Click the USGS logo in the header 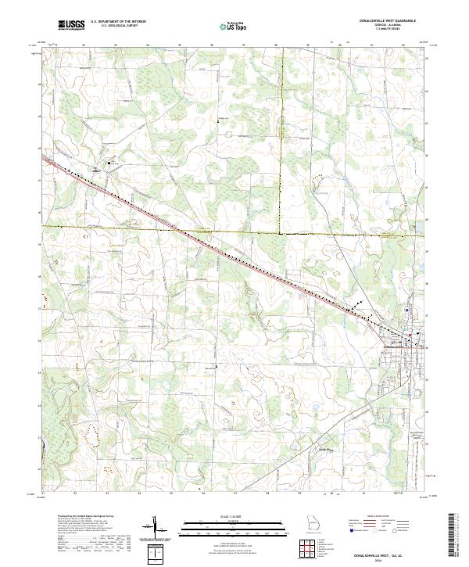pyautogui.click(x=71, y=26)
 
